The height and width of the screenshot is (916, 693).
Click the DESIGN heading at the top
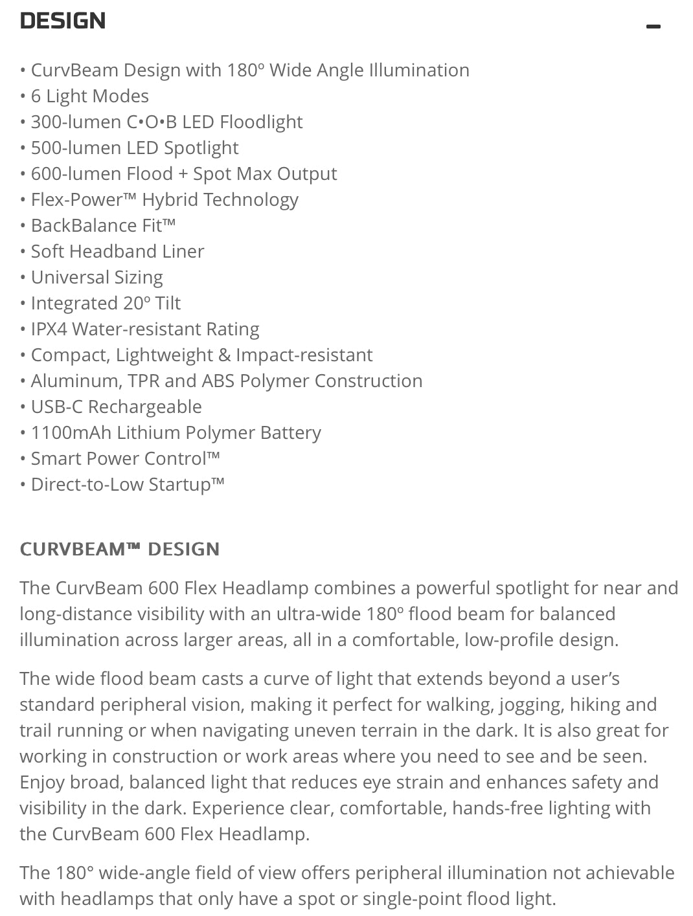point(63,21)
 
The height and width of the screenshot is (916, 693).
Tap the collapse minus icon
point(653,27)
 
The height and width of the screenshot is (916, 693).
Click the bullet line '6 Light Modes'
point(89,96)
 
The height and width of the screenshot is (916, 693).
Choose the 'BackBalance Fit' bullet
point(102,226)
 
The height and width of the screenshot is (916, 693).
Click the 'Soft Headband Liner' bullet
point(117,252)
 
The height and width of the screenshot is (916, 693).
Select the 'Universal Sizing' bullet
point(97,278)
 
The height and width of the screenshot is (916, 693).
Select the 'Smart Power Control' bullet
point(125,459)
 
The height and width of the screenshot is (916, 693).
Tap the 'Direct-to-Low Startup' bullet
point(127,485)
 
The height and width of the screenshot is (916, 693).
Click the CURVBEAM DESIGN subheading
point(119,550)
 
